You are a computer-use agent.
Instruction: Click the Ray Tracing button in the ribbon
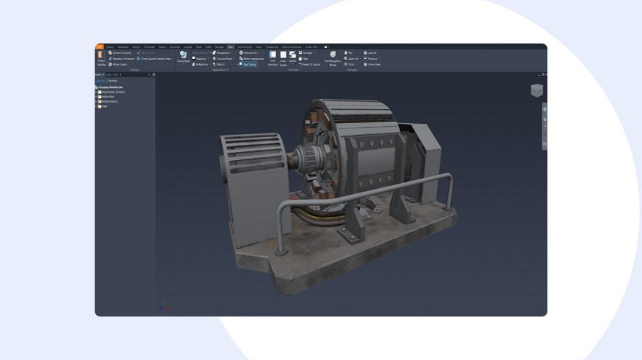point(249,64)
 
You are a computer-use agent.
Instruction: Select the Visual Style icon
point(183,56)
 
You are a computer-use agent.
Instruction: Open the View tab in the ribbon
point(230,47)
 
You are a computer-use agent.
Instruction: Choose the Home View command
point(373,64)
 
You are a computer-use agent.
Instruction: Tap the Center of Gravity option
point(120,53)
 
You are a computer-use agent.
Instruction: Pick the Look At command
point(370,53)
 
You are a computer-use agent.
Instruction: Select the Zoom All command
point(352,59)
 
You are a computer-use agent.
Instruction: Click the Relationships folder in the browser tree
point(107,97)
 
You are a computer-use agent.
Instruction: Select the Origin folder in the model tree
point(104,106)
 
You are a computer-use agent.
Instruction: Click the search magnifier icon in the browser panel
point(149,75)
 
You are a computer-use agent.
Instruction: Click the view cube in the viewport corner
point(536,90)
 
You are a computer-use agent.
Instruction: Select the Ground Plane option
point(224,59)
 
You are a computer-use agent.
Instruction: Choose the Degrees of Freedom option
point(122,59)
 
